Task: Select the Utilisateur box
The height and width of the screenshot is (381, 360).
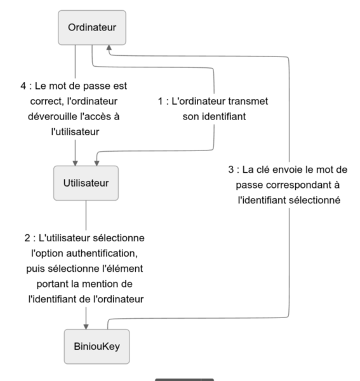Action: pyautogui.click(x=86, y=184)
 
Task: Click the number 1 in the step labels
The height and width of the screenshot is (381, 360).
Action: pyautogui.click(x=161, y=102)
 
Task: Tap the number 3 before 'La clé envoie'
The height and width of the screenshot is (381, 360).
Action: pyautogui.click(x=230, y=170)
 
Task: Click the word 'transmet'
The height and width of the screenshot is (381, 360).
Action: pyautogui.click(x=257, y=102)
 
